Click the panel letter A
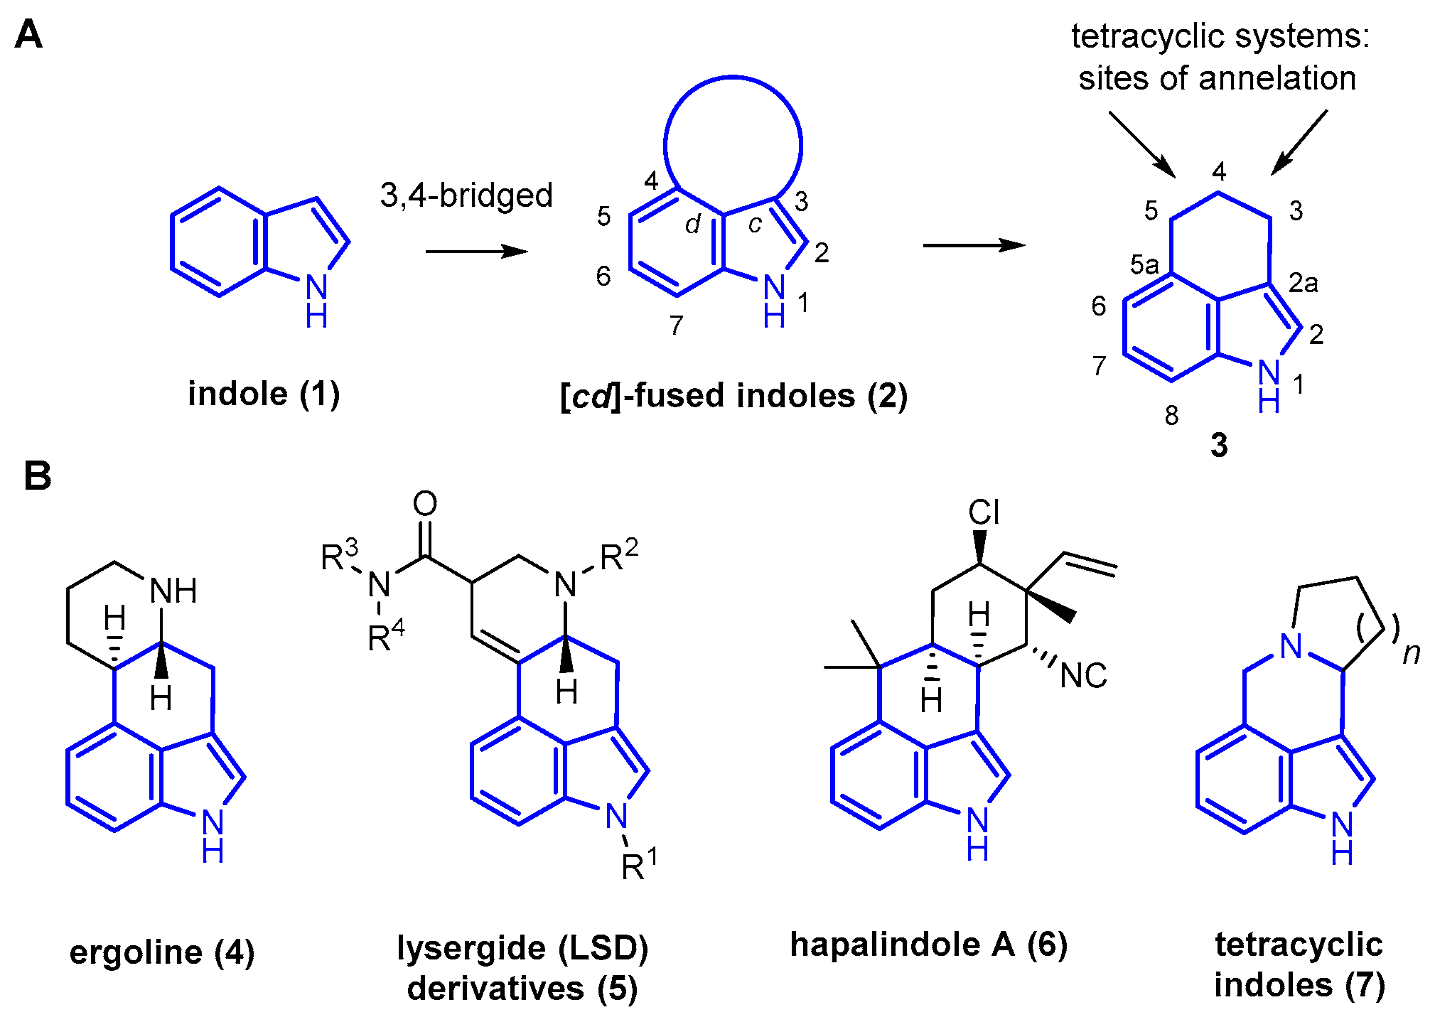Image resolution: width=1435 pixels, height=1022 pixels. tap(28, 35)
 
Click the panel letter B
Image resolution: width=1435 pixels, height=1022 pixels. tap(37, 476)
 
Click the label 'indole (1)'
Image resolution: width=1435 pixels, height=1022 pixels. tap(264, 394)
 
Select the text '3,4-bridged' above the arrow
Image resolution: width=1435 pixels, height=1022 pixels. tap(466, 195)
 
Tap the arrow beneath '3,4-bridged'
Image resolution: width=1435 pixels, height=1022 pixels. tap(476, 251)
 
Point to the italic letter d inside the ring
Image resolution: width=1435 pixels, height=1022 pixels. tap(693, 224)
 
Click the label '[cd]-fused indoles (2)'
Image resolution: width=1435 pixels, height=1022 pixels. tap(733, 396)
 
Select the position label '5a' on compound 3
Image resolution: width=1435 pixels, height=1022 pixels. tap(1144, 265)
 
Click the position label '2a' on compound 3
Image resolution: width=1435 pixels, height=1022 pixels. tap(1304, 283)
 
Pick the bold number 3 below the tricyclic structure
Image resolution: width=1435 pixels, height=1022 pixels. tap(1219, 446)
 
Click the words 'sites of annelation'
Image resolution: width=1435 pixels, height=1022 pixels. tap(1217, 78)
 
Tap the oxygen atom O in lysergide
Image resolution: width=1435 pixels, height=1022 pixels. tap(425, 504)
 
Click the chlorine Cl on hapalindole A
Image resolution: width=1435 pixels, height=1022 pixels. tap(984, 512)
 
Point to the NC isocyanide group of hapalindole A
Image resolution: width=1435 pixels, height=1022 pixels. tap(1083, 676)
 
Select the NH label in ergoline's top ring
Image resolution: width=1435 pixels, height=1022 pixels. tap(173, 591)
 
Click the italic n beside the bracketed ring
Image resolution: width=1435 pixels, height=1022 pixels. tap(1411, 653)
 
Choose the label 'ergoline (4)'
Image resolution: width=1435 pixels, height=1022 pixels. tap(162, 952)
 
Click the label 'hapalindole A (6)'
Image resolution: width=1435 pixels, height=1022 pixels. tap(929, 945)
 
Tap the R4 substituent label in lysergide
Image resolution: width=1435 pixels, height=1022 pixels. tap(386, 637)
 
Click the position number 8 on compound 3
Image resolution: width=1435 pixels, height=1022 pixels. tap(1172, 415)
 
